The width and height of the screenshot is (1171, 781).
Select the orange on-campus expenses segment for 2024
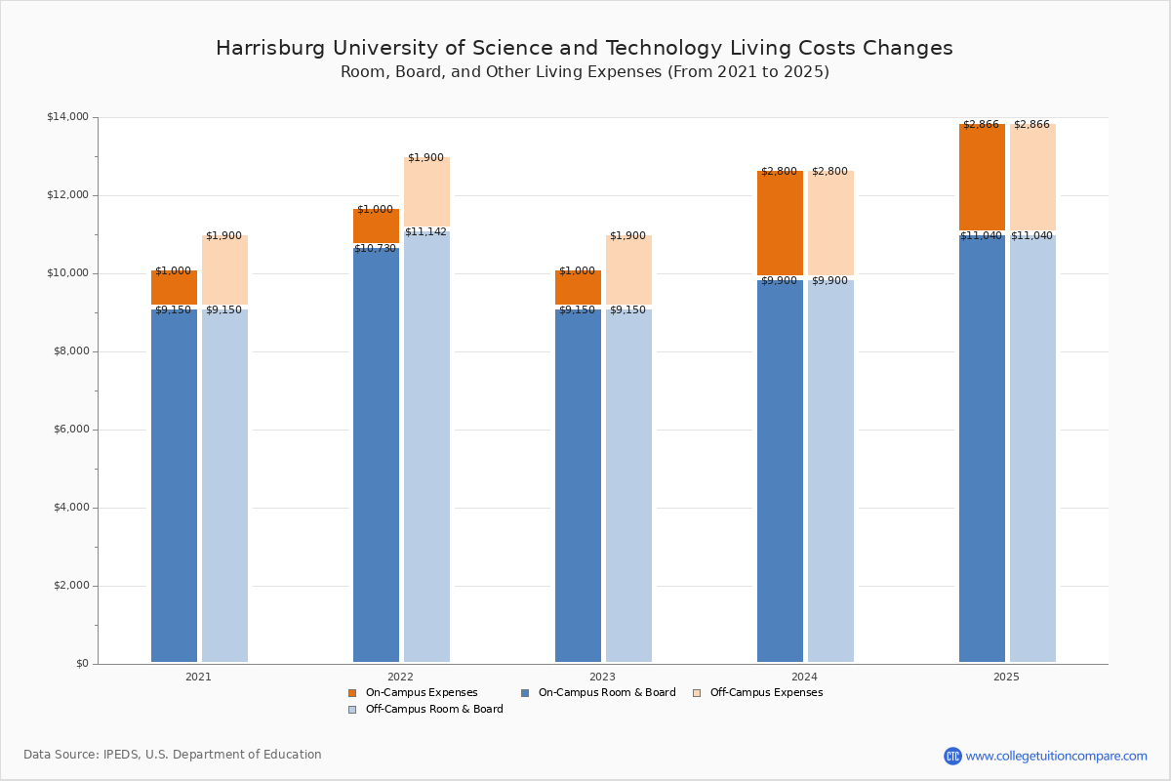pos(780,225)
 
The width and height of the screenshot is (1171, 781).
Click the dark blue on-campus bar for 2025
pos(982,449)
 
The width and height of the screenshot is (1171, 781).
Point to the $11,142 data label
pos(425,232)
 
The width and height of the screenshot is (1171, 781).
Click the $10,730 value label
pos(375,249)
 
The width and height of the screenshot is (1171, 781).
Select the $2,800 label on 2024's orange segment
pos(779,172)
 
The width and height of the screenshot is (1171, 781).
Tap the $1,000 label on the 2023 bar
pos(577,271)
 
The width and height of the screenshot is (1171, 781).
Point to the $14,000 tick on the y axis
pos(67,117)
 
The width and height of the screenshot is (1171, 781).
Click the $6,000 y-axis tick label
pos(67,430)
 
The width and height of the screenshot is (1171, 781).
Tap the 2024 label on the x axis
pos(804,677)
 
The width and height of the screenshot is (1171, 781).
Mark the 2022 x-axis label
pos(400,677)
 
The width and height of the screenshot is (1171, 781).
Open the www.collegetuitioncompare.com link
pos(1056,756)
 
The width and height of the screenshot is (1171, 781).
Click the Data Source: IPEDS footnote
pos(173,755)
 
